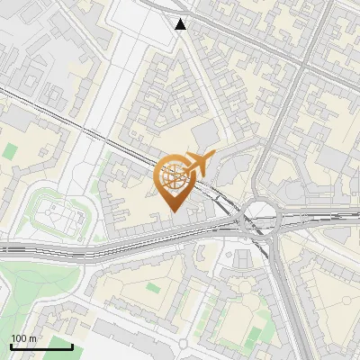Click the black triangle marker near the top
182,24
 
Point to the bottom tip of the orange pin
173,211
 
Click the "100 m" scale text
23,338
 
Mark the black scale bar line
41,346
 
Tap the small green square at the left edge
10,151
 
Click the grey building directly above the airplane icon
205,135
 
